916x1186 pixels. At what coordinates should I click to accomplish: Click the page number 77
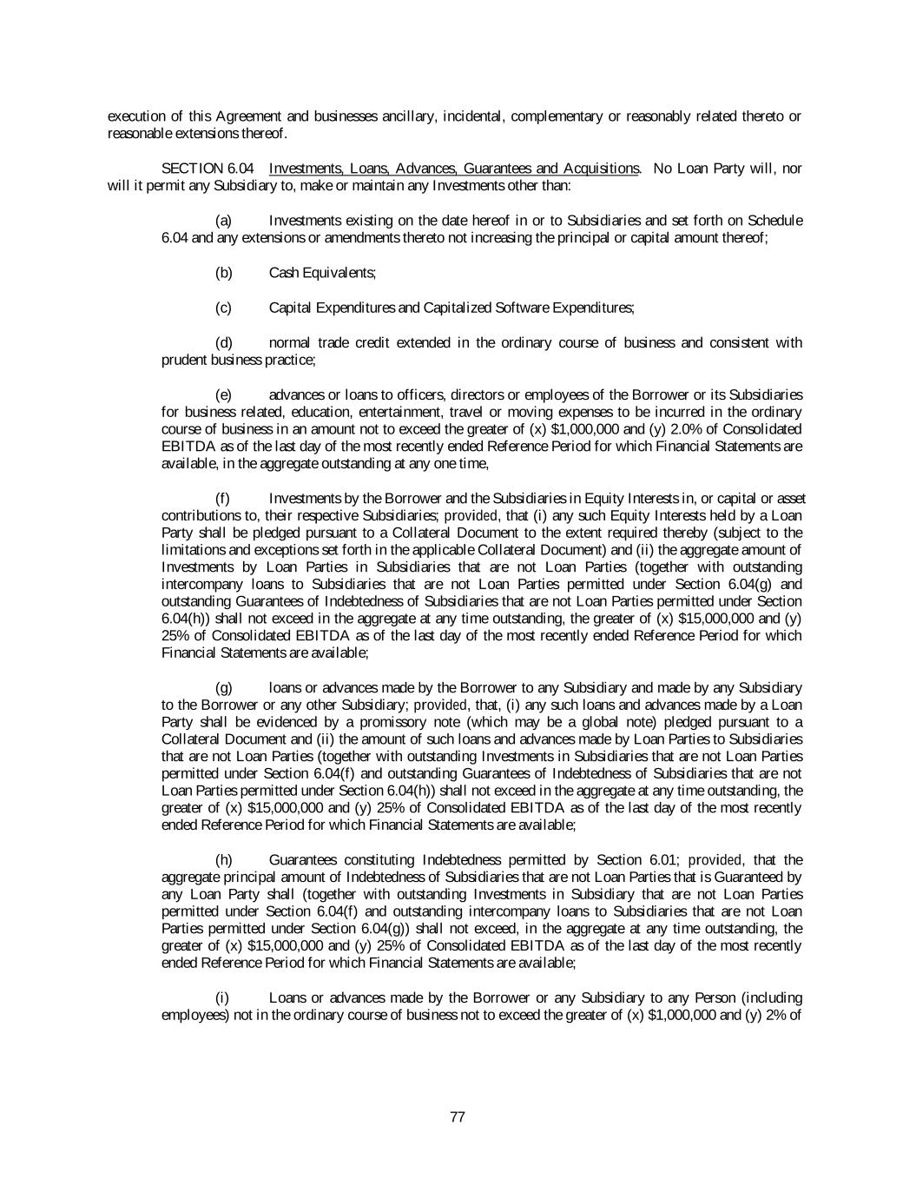click(x=458, y=1117)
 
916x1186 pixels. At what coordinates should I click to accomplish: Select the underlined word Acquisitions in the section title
click(x=601, y=169)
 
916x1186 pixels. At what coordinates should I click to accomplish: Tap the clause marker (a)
click(x=223, y=221)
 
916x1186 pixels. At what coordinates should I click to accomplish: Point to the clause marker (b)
click(x=223, y=273)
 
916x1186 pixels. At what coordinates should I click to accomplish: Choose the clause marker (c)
click(x=223, y=308)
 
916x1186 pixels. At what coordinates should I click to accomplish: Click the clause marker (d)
click(x=223, y=342)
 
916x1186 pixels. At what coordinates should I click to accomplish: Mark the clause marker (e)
click(x=223, y=394)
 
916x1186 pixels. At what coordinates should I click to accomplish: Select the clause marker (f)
click(x=223, y=498)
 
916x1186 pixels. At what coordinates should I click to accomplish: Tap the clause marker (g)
click(x=223, y=688)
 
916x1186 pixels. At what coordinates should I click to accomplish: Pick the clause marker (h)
click(x=223, y=860)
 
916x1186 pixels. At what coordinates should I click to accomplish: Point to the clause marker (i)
click(x=223, y=997)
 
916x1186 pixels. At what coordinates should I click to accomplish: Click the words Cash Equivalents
click(x=322, y=273)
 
